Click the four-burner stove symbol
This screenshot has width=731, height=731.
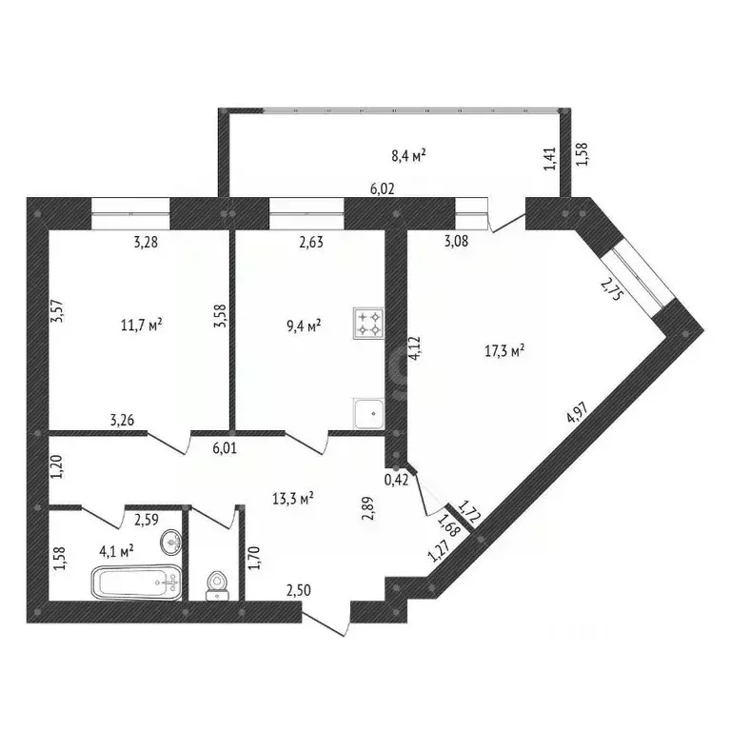(x=368, y=325)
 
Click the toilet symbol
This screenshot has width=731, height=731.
(x=217, y=583)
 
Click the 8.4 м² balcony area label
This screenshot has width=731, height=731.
(x=408, y=154)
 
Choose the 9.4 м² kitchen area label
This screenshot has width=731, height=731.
(x=304, y=326)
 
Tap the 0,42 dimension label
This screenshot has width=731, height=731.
(x=396, y=480)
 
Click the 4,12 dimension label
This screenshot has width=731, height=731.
(x=414, y=349)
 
